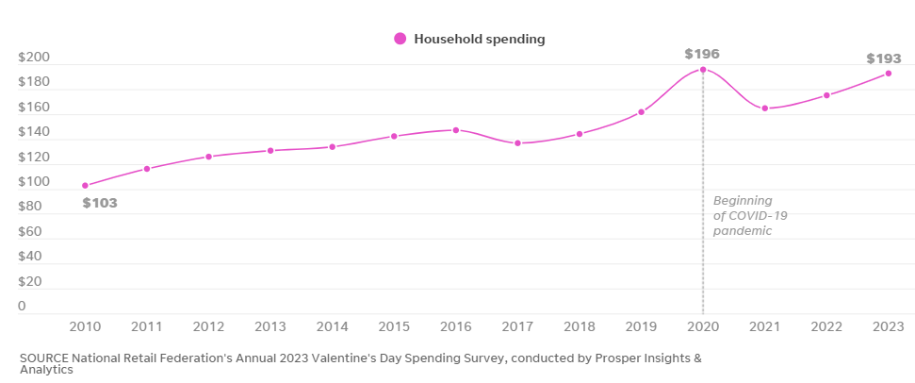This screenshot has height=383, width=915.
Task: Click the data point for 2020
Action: [x=703, y=70]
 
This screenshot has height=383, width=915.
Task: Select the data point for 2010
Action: [x=85, y=186]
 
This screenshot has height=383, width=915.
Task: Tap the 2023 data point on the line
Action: [x=889, y=74]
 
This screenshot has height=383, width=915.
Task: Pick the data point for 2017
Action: [x=517, y=143]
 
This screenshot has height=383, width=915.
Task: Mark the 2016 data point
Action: [x=456, y=130]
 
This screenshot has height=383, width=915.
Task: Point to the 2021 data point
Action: [x=765, y=108]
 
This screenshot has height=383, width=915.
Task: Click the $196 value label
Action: [x=702, y=54]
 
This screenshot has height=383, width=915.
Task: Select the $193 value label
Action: [x=884, y=58]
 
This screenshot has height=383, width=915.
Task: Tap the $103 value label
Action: [x=100, y=203]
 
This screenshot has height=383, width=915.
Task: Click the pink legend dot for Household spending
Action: [x=400, y=39]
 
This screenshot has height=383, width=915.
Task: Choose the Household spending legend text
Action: [x=480, y=39]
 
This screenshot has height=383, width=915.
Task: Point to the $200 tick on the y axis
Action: [x=35, y=58]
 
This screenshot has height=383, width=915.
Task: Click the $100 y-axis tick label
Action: [x=35, y=182]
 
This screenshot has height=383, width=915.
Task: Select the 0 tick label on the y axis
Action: [x=22, y=306]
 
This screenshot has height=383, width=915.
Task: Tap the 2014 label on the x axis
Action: [x=333, y=326]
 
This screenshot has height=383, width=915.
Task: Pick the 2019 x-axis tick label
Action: [x=642, y=326]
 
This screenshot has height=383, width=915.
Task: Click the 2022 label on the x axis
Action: [x=826, y=326]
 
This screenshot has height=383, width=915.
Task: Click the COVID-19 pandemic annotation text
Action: [x=749, y=215]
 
